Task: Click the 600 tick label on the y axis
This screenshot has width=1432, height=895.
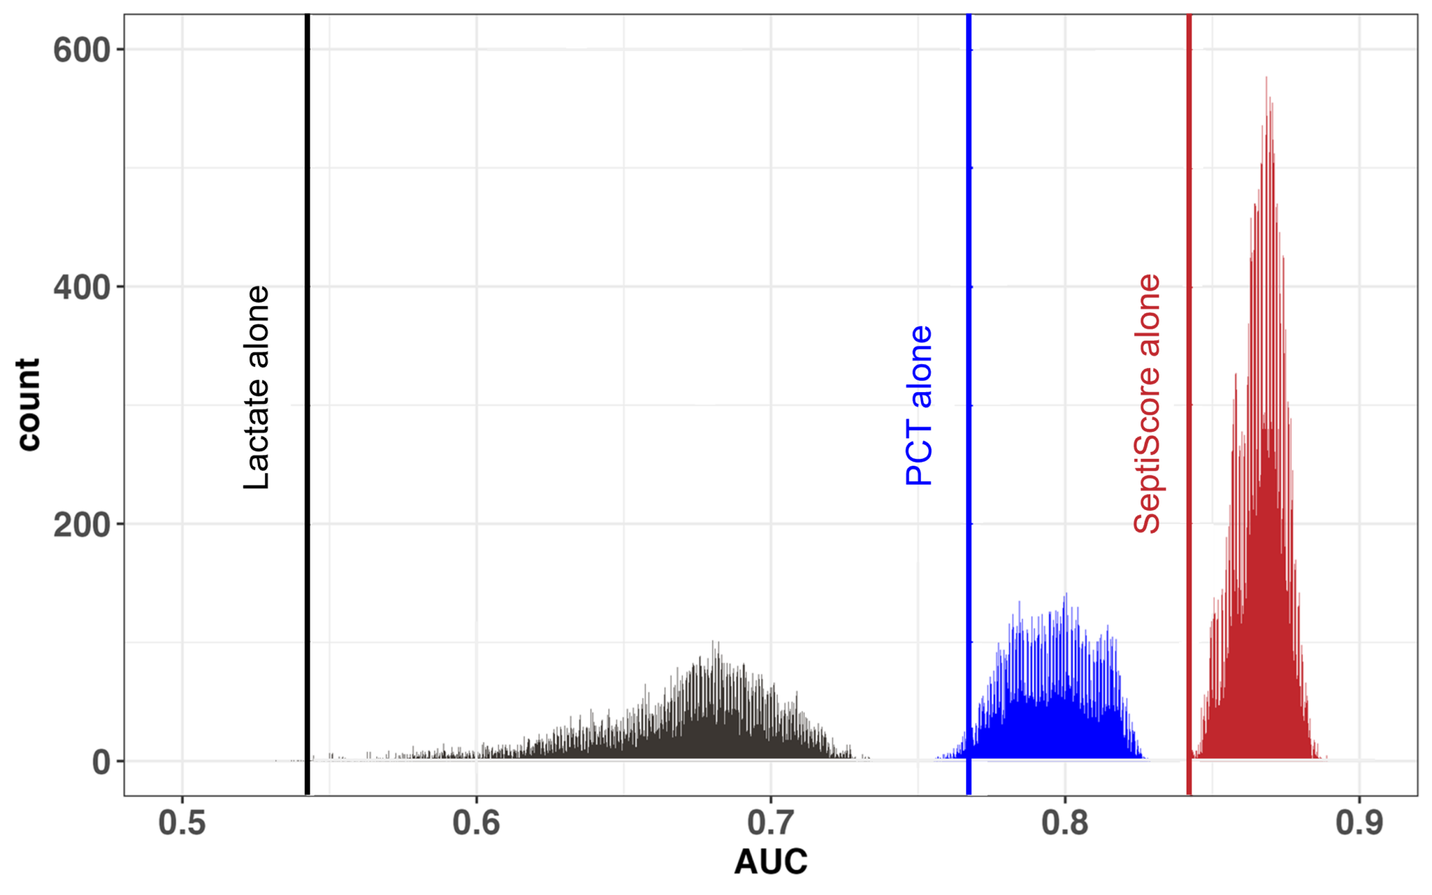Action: (x=82, y=50)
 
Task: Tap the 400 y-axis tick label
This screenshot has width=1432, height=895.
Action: (x=82, y=287)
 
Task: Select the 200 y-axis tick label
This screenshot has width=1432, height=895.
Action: (x=82, y=524)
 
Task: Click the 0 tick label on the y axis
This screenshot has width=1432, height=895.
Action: (x=101, y=762)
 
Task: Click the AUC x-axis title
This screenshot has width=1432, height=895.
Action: (x=771, y=861)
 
